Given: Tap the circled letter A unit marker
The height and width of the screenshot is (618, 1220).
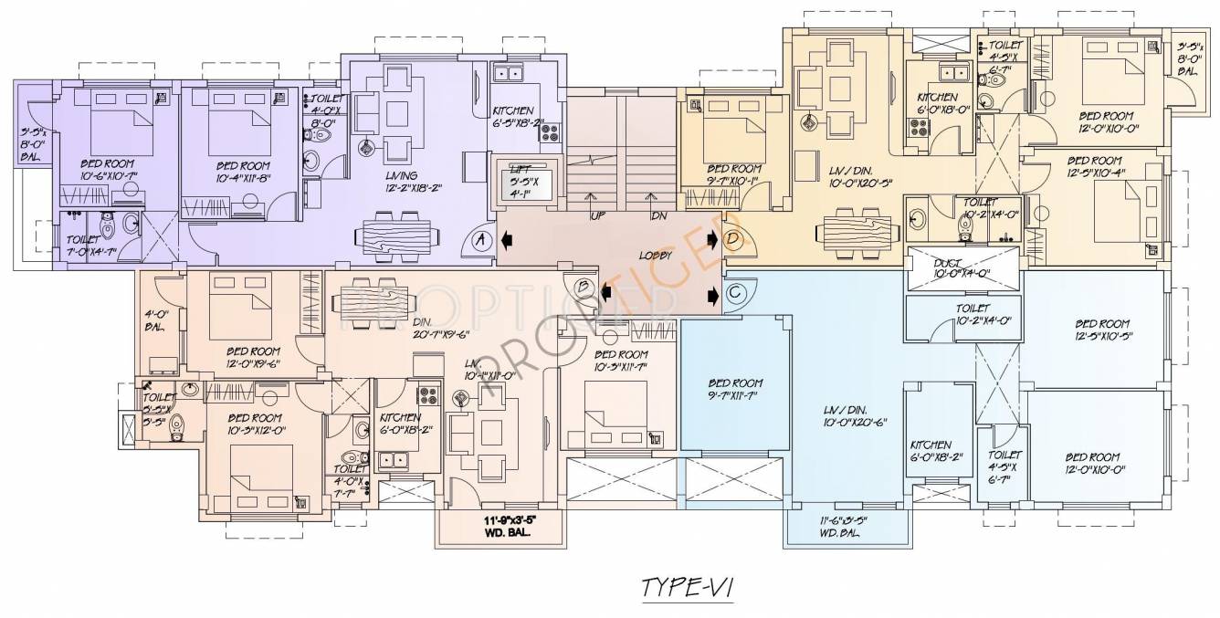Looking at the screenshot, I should (481, 241).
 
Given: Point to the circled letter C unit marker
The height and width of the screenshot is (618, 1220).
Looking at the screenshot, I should (735, 293).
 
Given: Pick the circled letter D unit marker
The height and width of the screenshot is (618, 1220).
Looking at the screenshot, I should (733, 240).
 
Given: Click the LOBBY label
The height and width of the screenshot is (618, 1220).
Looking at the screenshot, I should (656, 257).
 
